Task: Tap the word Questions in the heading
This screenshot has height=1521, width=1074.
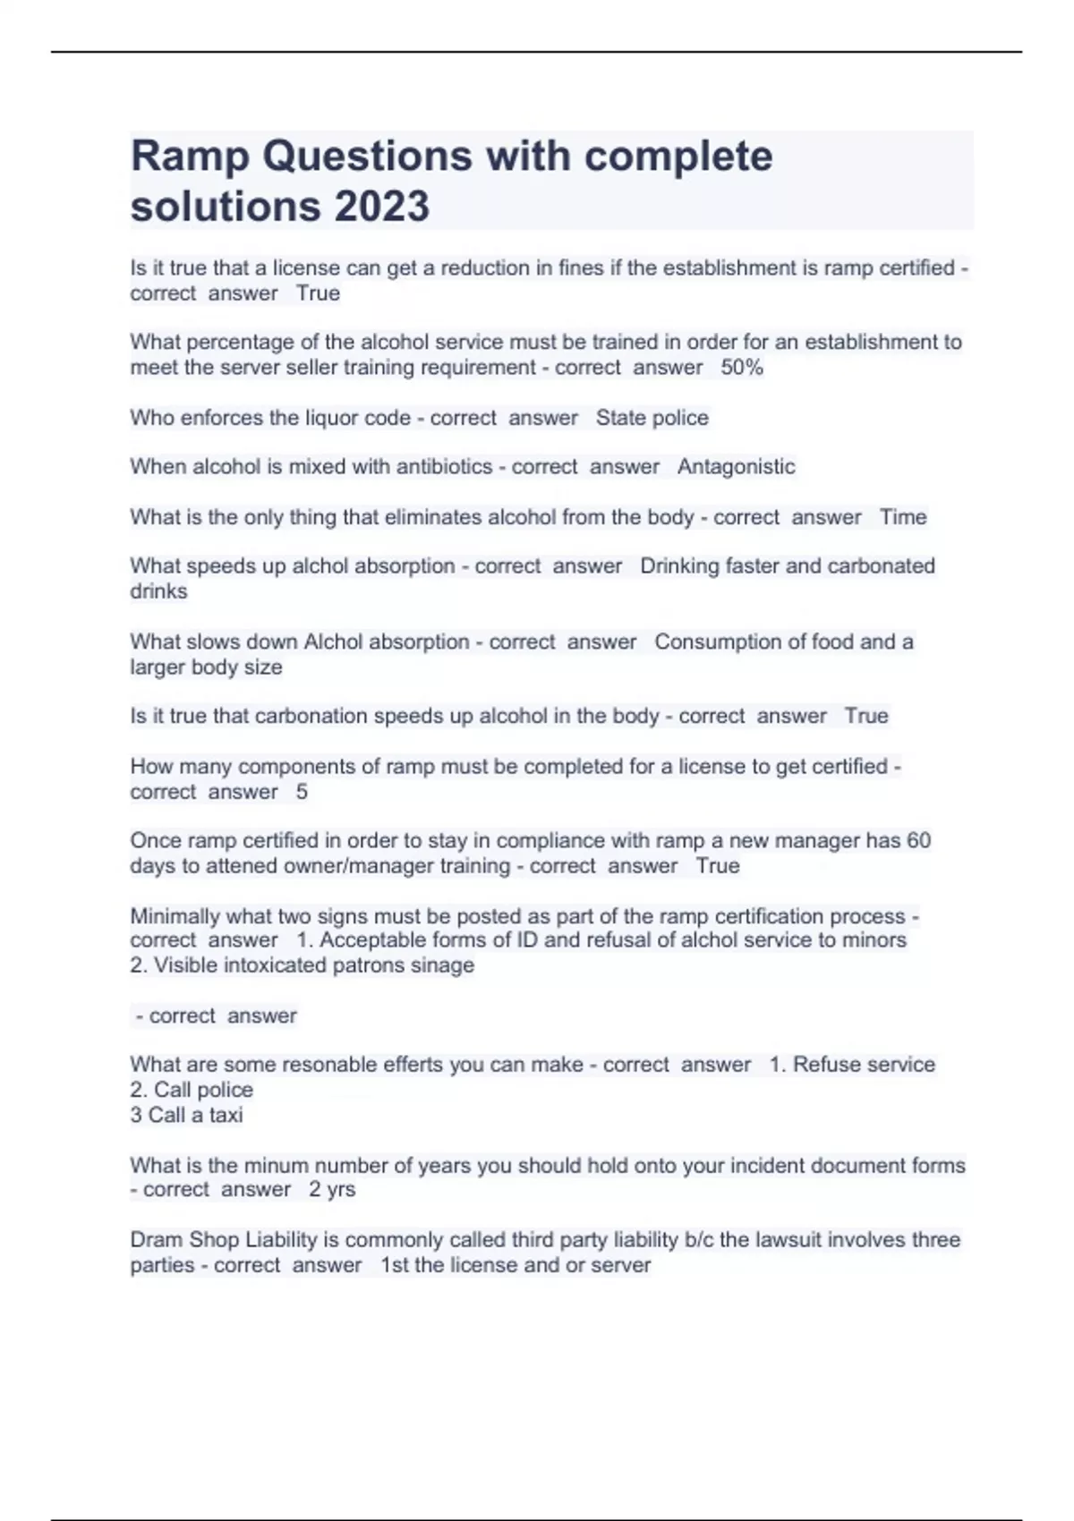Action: [367, 157]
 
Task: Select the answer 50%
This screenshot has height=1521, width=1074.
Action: [742, 368]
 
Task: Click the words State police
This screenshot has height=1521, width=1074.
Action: [652, 418]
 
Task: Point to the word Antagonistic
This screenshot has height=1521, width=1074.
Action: [736, 467]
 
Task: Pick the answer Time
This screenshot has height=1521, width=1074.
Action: [903, 517]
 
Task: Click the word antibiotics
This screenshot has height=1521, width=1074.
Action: [444, 467]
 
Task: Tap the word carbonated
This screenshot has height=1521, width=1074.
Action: [882, 566]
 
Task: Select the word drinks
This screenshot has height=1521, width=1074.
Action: [158, 591]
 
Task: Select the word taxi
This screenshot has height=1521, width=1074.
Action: [226, 1115]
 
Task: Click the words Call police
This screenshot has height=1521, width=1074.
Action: [203, 1090]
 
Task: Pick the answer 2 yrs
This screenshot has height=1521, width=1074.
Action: [332, 1190]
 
